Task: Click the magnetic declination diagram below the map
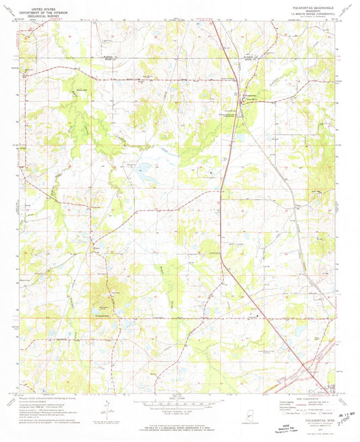(x=110, y=408)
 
